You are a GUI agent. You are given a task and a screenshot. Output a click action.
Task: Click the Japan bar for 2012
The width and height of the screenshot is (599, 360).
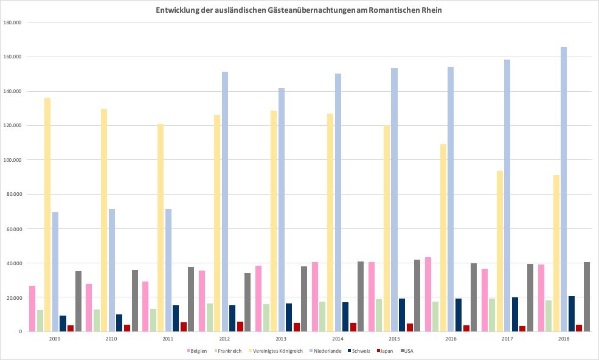point(240,327)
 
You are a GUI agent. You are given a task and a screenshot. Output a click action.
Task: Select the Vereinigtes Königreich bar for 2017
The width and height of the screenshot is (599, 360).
point(500,251)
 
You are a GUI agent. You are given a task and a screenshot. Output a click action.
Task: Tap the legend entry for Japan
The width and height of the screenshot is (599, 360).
point(386,351)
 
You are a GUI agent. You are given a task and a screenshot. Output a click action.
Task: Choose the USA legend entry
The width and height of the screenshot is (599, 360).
point(409,351)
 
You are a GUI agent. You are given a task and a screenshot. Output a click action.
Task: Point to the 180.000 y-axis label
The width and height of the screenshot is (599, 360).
point(12,22)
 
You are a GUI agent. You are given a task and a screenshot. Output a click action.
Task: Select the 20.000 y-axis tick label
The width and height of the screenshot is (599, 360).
point(13,297)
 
